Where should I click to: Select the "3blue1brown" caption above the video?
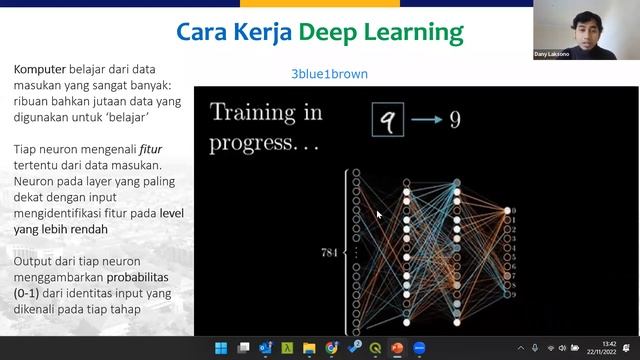pyautogui.click(x=322, y=74)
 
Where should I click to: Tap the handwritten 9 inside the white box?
pyautogui.click(x=388, y=121)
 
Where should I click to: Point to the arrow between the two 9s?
pyautogui.click(x=427, y=121)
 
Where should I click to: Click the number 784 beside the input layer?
pyautogui.click(x=328, y=251)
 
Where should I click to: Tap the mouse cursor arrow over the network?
pyautogui.click(x=379, y=213)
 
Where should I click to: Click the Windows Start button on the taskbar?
pyautogui.click(x=220, y=349)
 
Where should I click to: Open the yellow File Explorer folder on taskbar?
pyautogui.click(x=309, y=349)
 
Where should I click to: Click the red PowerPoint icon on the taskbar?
pyautogui.click(x=397, y=349)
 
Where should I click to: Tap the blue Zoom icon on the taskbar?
pyautogui.click(x=419, y=349)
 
